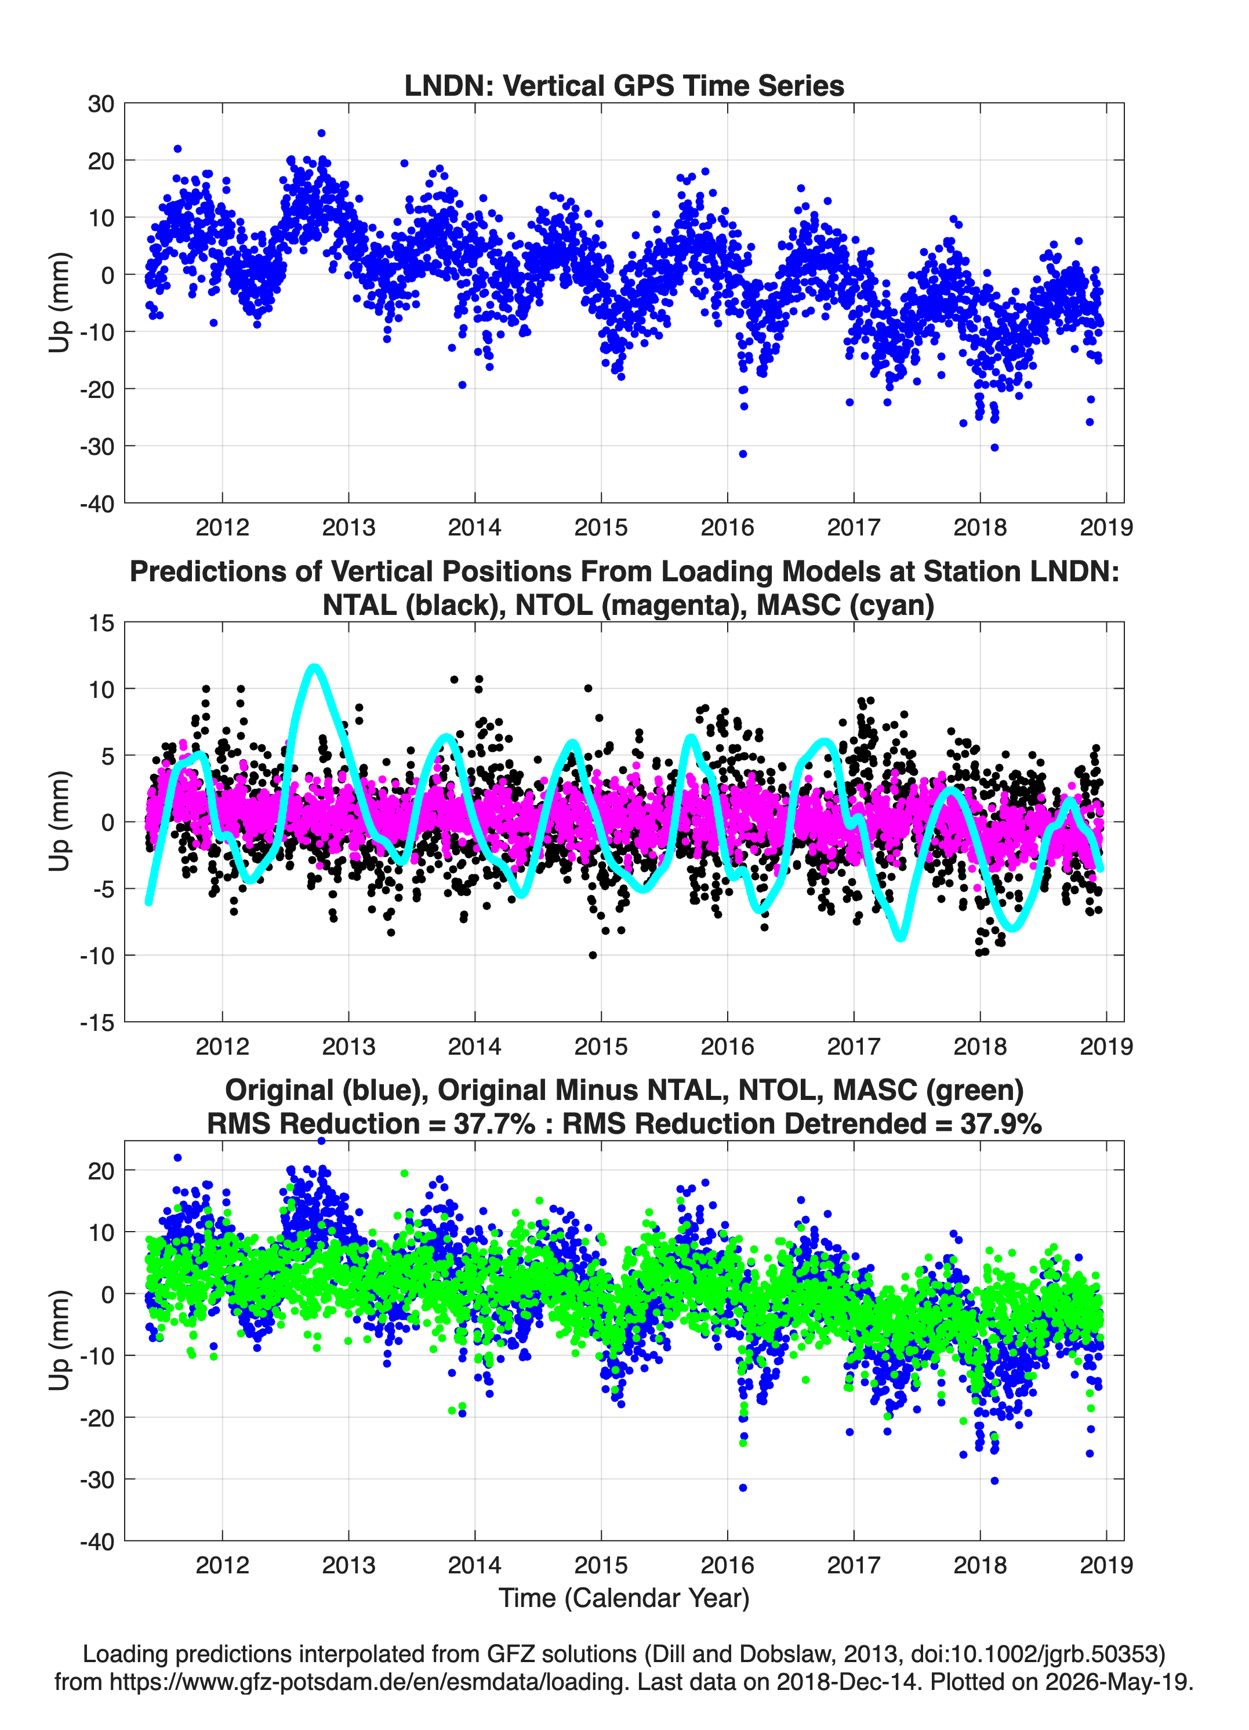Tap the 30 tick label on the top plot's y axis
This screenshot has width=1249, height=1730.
[x=101, y=104]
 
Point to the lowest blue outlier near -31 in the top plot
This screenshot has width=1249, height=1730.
[x=743, y=454]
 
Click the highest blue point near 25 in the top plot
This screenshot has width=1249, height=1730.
[x=321, y=133]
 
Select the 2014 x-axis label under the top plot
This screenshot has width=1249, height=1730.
[x=475, y=527]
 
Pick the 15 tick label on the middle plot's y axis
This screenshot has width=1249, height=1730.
[x=101, y=623]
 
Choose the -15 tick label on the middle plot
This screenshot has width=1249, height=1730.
[x=97, y=1023]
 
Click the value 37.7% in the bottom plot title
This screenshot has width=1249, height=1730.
[x=494, y=1124]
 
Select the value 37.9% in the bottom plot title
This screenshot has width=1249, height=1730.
[x=1000, y=1124]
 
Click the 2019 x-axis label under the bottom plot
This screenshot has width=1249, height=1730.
[x=1106, y=1565]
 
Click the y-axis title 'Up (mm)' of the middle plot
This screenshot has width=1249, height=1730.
[x=59, y=821]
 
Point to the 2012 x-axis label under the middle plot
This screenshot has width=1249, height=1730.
[x=222, y=1047]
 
